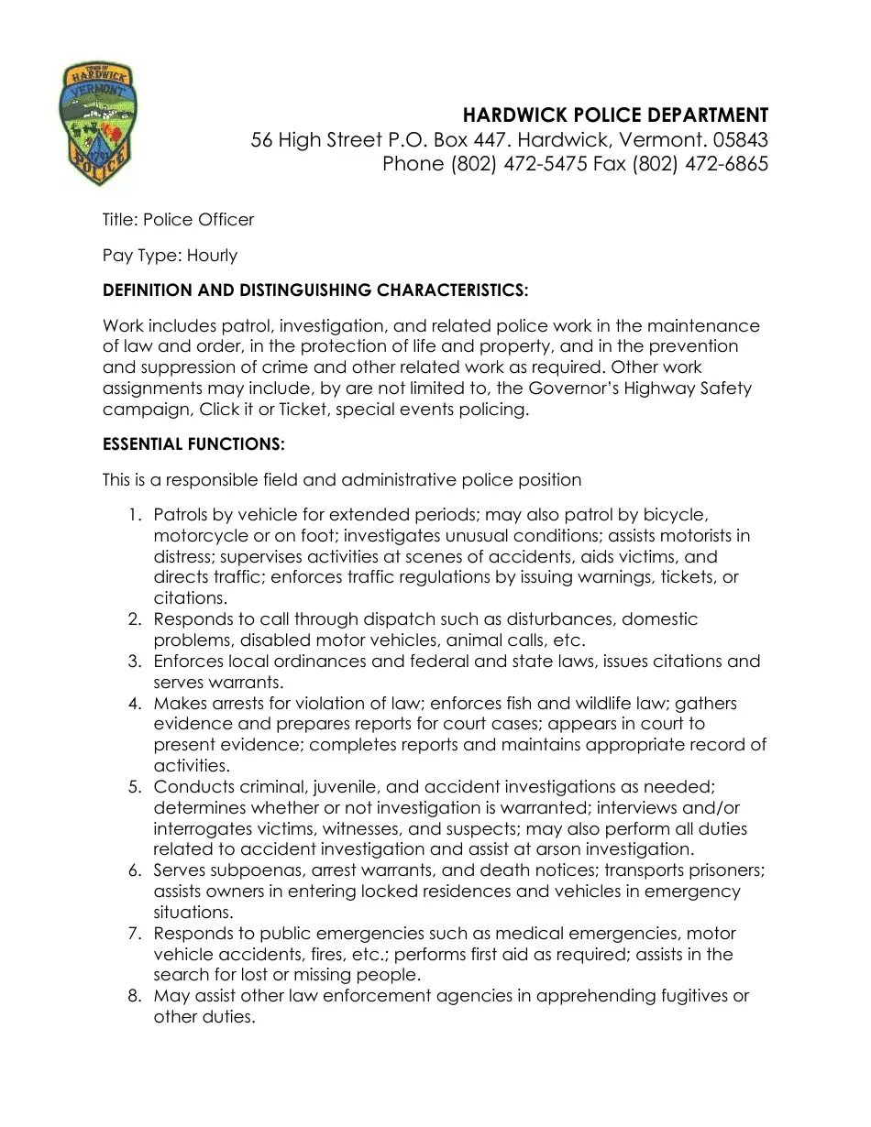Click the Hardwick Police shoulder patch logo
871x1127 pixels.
coord(98,124)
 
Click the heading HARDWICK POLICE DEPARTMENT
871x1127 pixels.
coord(614,115)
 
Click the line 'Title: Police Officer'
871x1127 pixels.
coord(178,220)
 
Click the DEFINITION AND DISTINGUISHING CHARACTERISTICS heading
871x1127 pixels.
coord(315,290)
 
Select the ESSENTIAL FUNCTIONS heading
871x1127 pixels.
coord(193,444)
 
